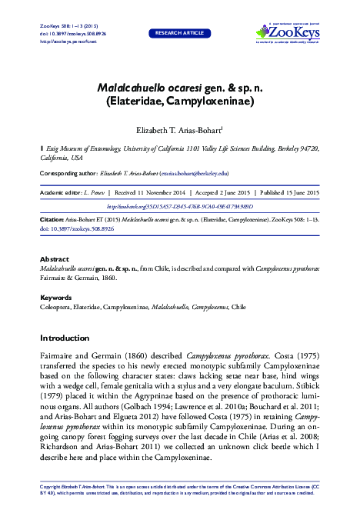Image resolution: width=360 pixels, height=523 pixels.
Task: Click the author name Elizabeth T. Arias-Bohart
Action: (178, 130)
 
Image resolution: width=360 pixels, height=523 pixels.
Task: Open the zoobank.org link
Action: (179, 207)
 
